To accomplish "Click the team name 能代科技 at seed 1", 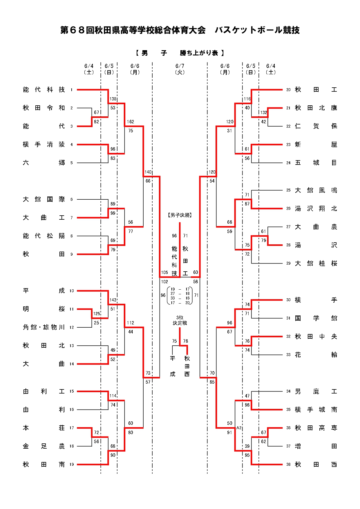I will [44, 90].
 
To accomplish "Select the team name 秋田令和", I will [44, 108].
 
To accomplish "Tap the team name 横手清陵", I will [44, 145].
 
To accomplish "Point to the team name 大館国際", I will [44, 199].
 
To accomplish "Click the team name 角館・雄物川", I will [44, 327].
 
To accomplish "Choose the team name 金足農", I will [44, 446].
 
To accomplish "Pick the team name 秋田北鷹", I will [316, 108].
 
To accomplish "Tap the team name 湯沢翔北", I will [316, 209].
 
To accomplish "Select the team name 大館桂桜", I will [316, 263].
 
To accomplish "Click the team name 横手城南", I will [316, 410].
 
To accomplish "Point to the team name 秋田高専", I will [316, 428].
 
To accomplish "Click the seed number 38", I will [288, 465].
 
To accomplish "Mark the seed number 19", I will [72, 465].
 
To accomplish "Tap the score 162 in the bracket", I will [131, 122].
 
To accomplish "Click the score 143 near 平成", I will [113, 300].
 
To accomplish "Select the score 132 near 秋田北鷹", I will [263, 113].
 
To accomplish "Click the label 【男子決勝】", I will [180, 215].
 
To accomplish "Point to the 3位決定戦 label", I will [180, 320].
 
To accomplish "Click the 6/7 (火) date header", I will [180, 69].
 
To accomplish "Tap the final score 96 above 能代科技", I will [174, 236].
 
